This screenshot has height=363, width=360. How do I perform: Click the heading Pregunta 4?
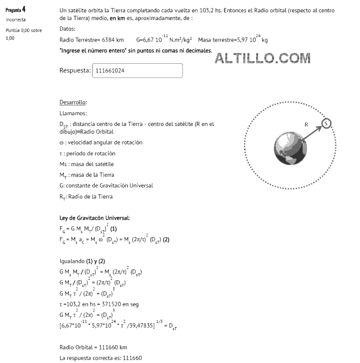coord(15,10)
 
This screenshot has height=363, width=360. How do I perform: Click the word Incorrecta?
coord(16,20)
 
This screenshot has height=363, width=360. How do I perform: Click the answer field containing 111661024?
coord(137,71)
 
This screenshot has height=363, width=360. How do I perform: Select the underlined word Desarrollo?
coord(73,102)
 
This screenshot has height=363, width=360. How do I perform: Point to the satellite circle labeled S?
coord(327,123)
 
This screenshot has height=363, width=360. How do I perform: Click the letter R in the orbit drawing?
coord(305,124)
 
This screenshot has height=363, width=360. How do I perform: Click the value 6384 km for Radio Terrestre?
coord(113,40)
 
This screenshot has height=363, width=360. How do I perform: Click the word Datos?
coord(68,29)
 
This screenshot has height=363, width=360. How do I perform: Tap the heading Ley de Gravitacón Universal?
coord(95,218)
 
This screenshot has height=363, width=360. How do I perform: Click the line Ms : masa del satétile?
coord(86,164)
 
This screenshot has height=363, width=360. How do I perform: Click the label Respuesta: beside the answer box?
coord(75,71)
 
